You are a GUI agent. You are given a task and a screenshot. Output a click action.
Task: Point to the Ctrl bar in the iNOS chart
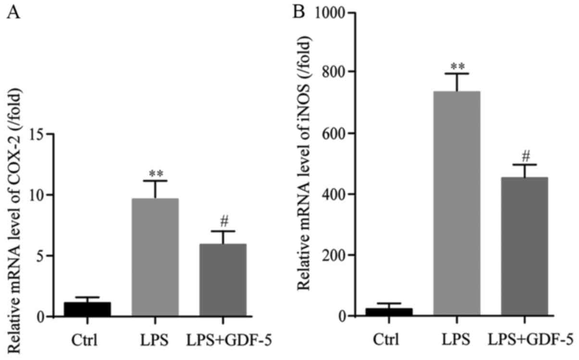(389, 312)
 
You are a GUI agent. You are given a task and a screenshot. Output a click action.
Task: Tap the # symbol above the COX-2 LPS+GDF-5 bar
(222, 222)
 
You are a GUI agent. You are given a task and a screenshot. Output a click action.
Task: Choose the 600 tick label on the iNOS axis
(336, 133)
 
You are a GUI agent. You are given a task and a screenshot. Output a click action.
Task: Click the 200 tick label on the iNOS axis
(336, 255)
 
